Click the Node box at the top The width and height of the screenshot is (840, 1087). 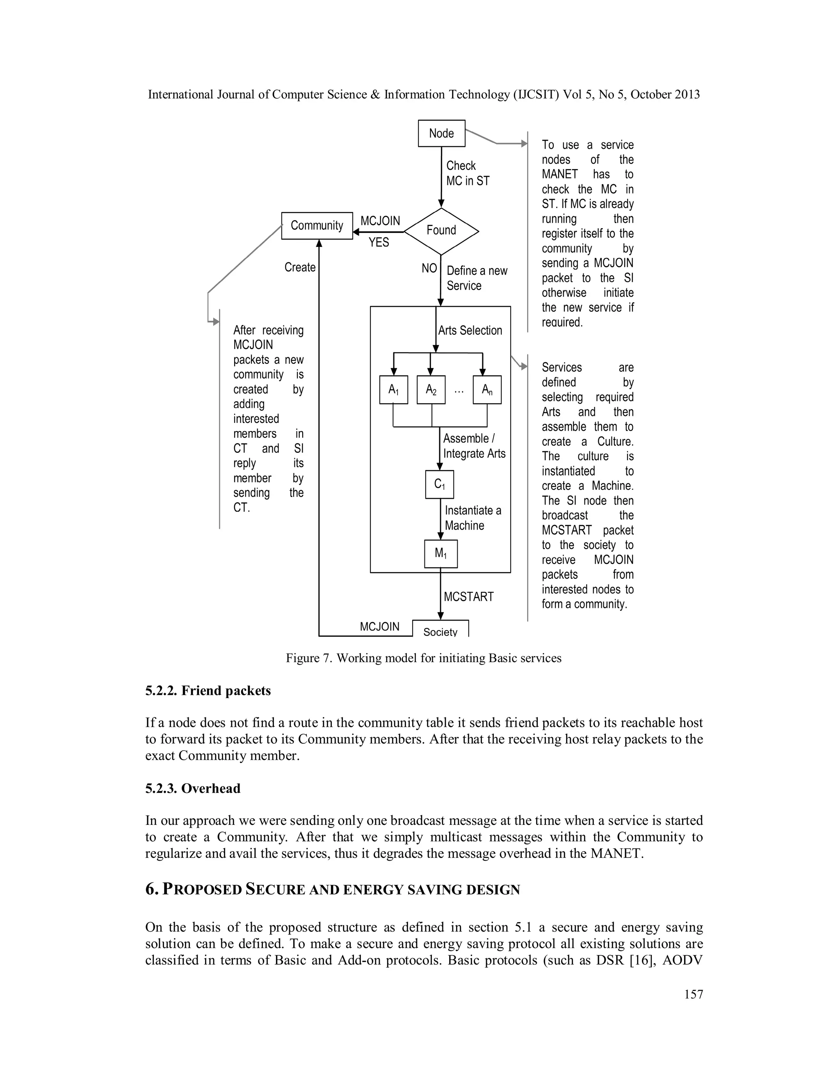click(441, 133)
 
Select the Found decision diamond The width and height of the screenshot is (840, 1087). click(441, 231)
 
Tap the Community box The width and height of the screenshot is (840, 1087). click(317, 226)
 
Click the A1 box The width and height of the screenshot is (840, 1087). click(394, 390)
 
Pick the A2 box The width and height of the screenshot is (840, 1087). click(431, 390)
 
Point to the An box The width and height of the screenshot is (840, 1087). click(487, 390)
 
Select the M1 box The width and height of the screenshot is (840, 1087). click(441, 553)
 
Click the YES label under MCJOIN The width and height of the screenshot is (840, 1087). click(379, 242)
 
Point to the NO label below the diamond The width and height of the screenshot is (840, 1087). click(429, 269)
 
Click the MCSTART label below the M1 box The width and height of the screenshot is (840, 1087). click(468, 596)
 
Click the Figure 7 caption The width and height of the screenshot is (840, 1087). click(423, 658)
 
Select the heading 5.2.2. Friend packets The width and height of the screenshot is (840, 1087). click(208, 690)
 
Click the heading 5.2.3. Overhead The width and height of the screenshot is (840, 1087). click(193, 788)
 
